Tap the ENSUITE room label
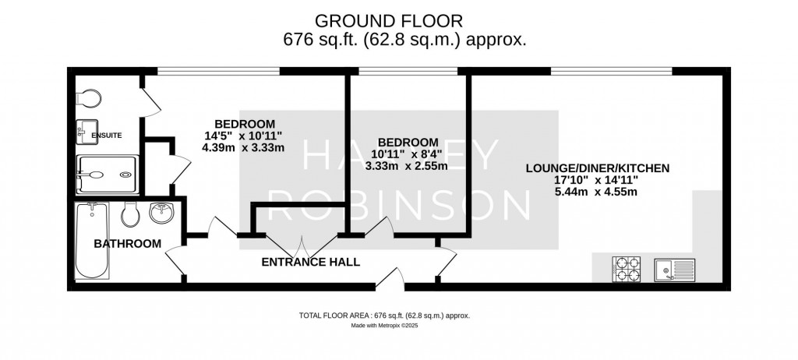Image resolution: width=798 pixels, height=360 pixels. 106,136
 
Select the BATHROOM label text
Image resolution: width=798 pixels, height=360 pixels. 127,244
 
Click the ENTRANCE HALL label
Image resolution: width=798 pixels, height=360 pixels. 310,262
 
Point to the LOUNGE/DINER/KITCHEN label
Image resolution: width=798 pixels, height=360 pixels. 598,168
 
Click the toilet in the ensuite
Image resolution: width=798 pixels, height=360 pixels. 88,98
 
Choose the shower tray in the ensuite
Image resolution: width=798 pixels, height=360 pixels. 107,174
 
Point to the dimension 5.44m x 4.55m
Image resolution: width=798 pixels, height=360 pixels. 598,192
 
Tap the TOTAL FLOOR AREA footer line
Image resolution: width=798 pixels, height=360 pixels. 385,316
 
